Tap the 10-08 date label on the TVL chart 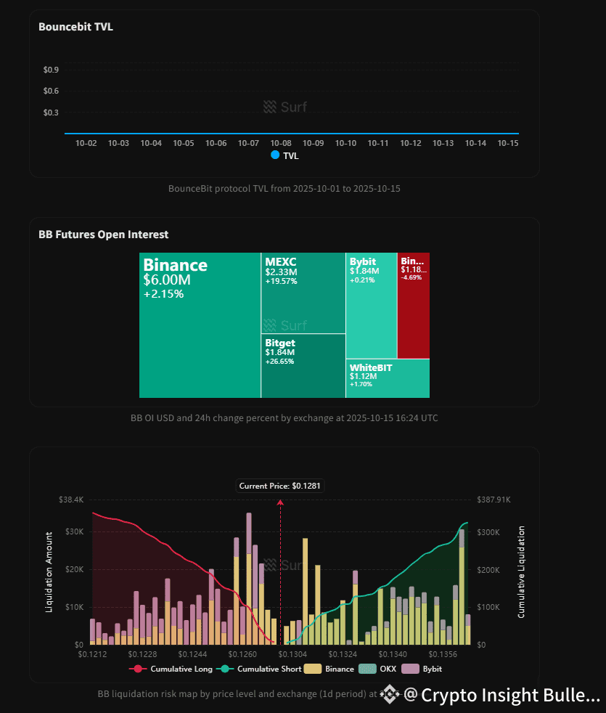[x=281, y=144]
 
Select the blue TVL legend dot [x=275, y=155]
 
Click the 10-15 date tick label [x=507, y=144]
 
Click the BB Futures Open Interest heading [x=103, y=235]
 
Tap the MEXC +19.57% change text [x=281, y=282]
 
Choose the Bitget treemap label [x=280, y=343]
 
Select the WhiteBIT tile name [x=370, y=367]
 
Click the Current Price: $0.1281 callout [x=280, y=486]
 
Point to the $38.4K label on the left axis [x=71, y=500]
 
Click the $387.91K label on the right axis [x=495, y=500]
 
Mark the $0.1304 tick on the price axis [x=290, y=655]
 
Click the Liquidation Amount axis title [x=49, y=571]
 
